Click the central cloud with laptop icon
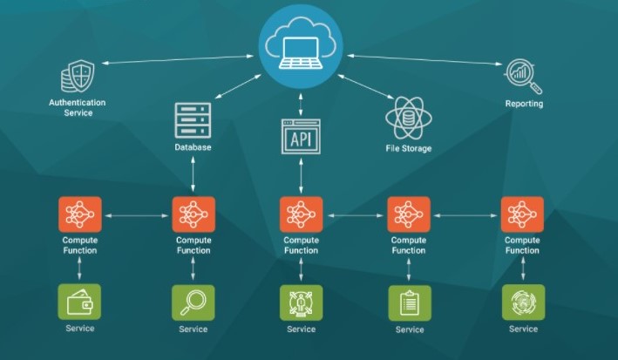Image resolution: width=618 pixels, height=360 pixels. pyautogui.click(x=302, y=46)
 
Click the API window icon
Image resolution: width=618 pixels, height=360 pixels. pyautogui.click(x=301, y=136)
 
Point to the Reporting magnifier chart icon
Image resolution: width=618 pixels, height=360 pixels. pyautogui.click(x=524, y=77)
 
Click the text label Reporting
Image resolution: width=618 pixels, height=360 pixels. pyautogui.click(x=524, y=104)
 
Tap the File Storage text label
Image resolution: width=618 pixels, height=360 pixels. pyautogui.click(x=409, y=148)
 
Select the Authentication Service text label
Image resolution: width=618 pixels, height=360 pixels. pyautogui.click(x=78, y=107)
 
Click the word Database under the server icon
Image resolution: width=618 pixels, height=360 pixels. pyautogui.click(x=193, y=148)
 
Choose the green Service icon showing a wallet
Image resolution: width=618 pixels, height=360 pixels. pyautogui.click(x=80, y=302)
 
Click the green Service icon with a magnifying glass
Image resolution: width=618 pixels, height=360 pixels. pyautogui.click(x=193, y=302)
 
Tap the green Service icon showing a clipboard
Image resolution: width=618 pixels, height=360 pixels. pyautogui.click(x=409, y=302)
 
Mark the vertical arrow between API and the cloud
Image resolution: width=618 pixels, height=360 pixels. pyautogui.click(x=301, y=102)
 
